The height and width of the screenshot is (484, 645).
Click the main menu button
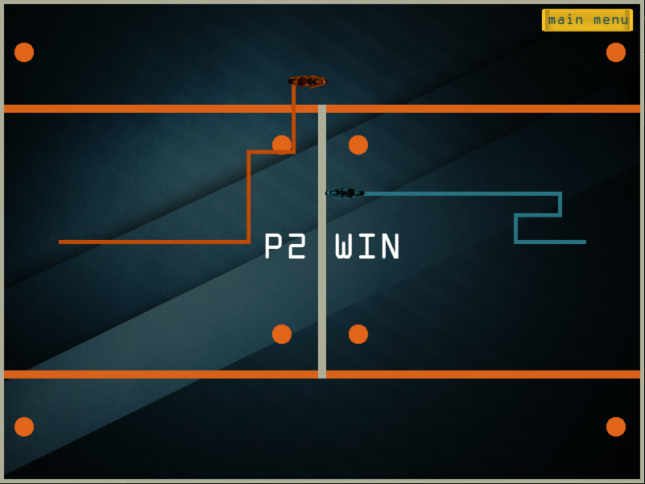[x=587, y=20]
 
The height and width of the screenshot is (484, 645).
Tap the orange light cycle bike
[x=308, y=81]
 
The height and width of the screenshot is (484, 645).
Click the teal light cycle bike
[x=345, y=192]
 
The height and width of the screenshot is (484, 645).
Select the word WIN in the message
[x=367, y=247]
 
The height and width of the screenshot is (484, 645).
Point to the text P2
[x=285, y=247]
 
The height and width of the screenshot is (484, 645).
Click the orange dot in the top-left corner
[x=24, y=52]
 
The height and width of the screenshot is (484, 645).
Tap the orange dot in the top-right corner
[x=616, y=52]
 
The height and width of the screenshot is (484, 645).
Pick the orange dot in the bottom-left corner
[x=24, y=427]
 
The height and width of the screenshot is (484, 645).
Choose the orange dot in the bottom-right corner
[x=616, y=427]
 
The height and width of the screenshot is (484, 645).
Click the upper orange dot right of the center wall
[x=358, y=145]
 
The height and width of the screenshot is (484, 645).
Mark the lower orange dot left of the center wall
[x=282, y=334]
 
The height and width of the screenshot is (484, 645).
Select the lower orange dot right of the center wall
[x=358, y=334]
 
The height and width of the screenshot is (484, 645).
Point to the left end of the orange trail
[x=61, y=242]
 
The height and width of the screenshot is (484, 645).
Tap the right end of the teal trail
[x=584, y=242]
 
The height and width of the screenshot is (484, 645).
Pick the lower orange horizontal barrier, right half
[x=483, y=374]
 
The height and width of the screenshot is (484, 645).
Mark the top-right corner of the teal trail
[x=560, y=194]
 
